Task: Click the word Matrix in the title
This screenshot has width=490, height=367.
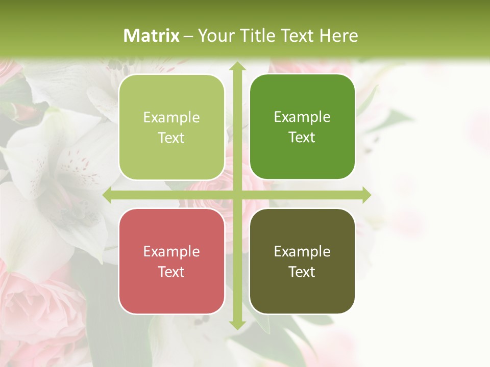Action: (x=152, y=36)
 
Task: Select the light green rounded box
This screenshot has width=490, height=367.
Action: (x=171, y=127)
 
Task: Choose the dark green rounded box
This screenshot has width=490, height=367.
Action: (x=302, y=127)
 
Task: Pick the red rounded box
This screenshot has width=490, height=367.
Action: (x=171, y=261)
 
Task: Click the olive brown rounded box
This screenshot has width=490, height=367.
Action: (x=302, y=261)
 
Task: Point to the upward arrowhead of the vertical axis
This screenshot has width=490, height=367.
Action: (x=237, y=67)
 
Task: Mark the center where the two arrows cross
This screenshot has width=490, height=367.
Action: (x=237, y=195)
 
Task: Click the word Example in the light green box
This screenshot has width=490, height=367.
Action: (x=171, y=118)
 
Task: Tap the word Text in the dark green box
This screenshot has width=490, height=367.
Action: (x=302, y=137)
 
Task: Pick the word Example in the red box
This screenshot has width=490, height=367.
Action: (x=171, y=252)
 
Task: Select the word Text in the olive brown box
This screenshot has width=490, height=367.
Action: (x=302, y=272)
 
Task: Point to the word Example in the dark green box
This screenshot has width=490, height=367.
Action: (x=302, y=117)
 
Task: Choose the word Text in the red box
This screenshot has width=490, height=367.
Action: (x=171, y=272)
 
